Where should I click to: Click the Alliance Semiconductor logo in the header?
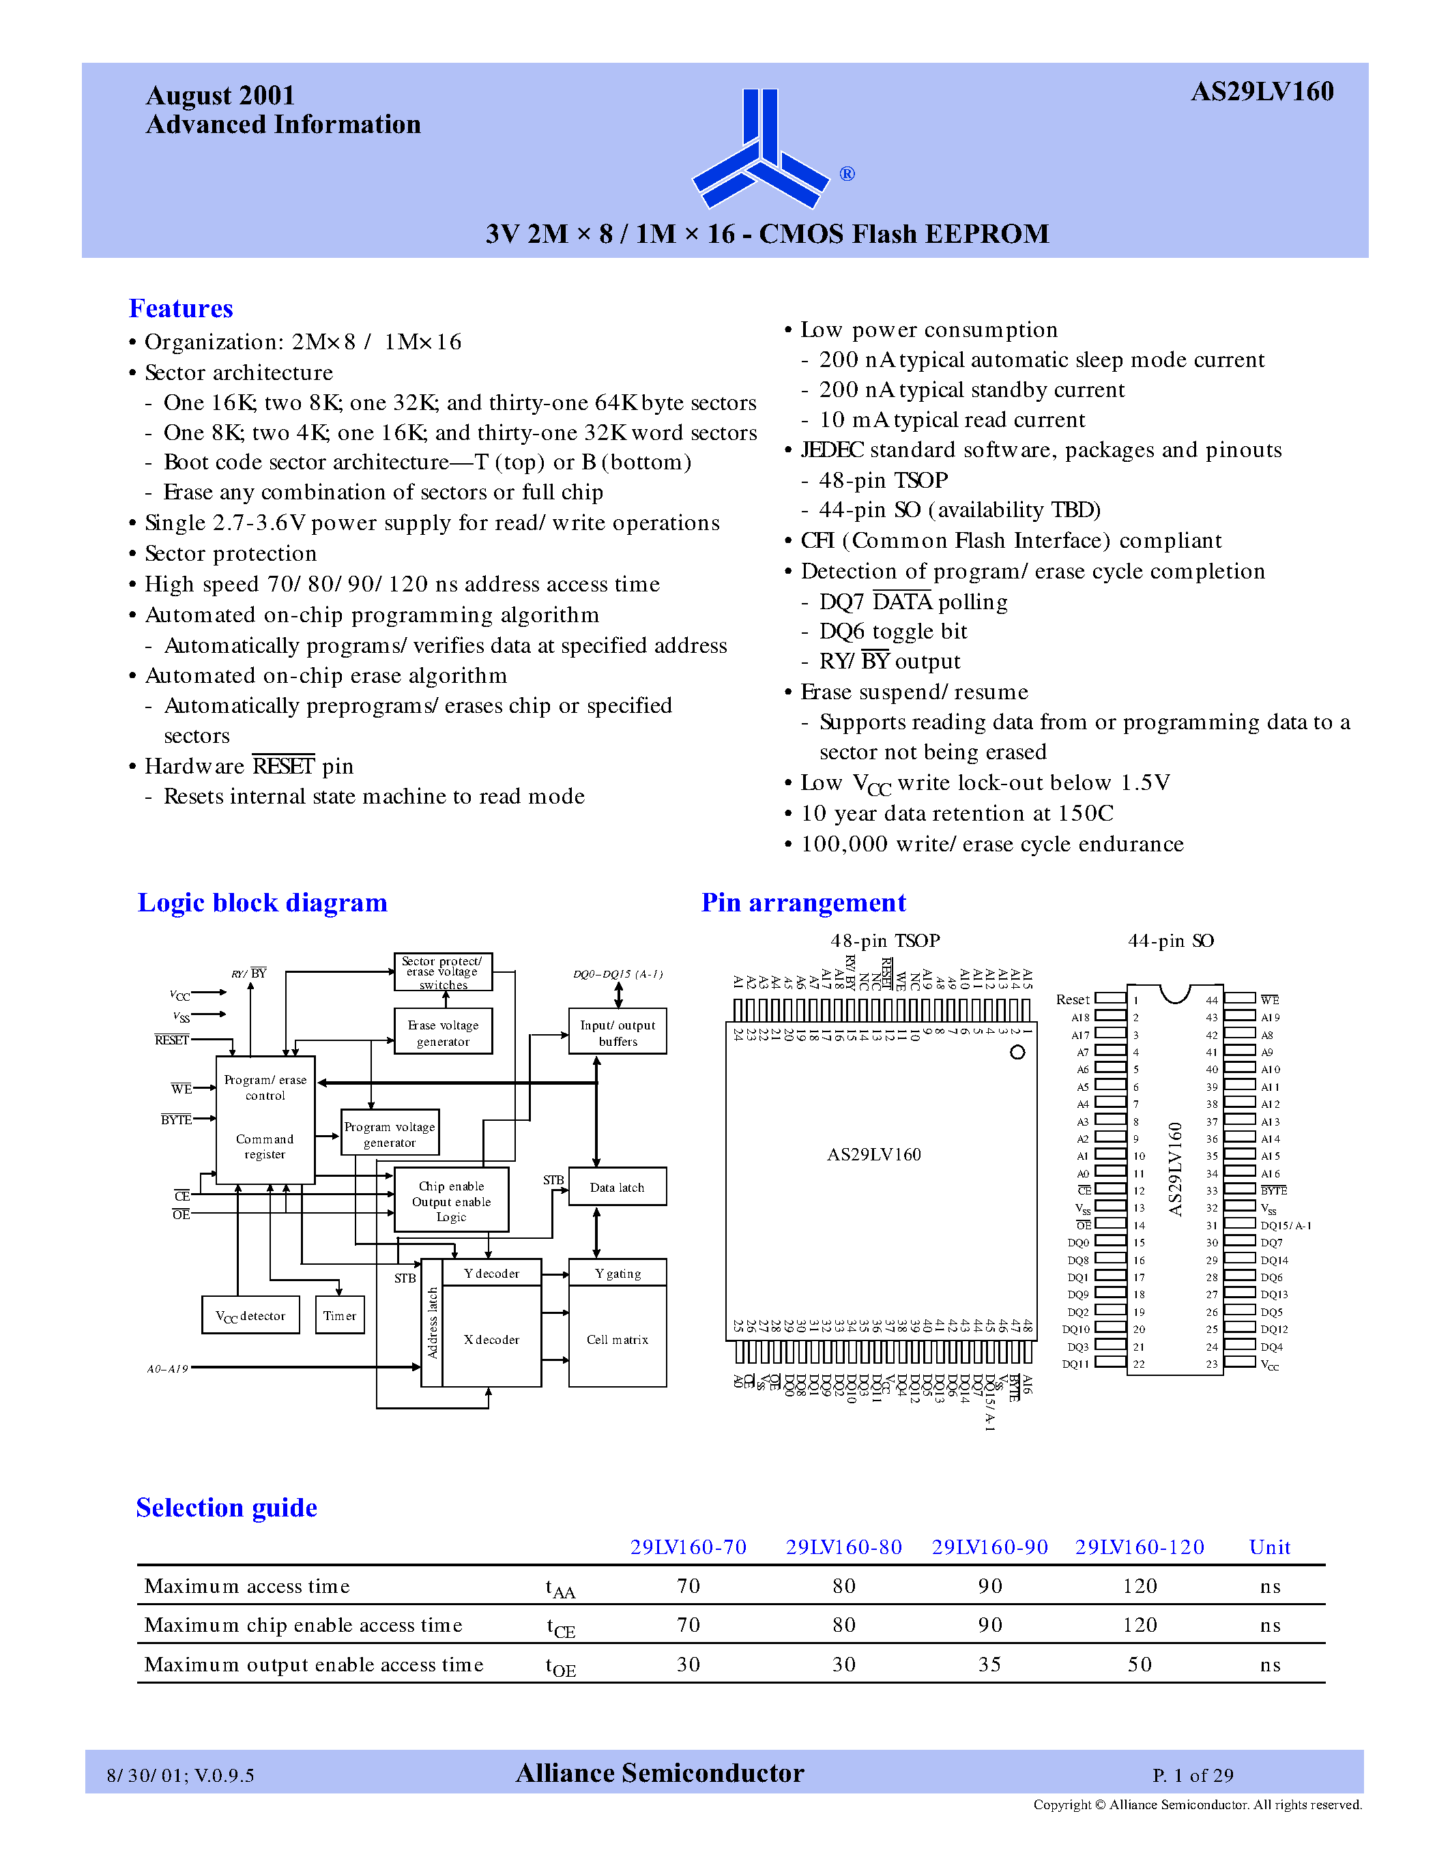click(x=760, y=149)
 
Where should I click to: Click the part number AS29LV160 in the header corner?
click(x=1261, y=92)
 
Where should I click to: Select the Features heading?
click(x=180, y=308)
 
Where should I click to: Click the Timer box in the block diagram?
click(x=339, y=1315)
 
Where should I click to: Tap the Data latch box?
click(x=617, y=1187)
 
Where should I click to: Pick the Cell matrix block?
click(x=617, y=1338)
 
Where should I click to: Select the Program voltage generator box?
click(x=390, y=1133)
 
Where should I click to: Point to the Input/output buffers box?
click(x=618, y=1031)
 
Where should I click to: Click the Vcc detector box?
click(x=250, y=1315)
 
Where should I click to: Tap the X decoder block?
click(x=491, y=1338)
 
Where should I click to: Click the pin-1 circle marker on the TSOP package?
click(x=1017, y=1052)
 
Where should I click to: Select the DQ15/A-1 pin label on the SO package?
click(x=1285, y=1226)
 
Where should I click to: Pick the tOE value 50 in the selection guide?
click(x=1139, y=1665)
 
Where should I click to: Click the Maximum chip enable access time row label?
click(x=303, y=1625)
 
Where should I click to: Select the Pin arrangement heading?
click(x=803, y=903)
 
